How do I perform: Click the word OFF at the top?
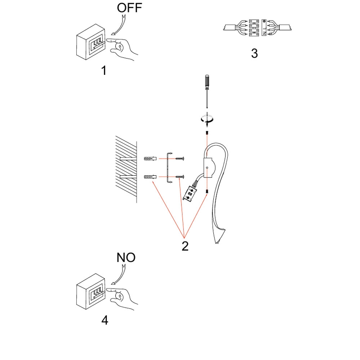click(x=130, y=8)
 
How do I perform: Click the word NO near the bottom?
click(x=126, y=257)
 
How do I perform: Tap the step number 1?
click(x=104, y=70)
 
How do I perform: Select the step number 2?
click(x=185, y=246)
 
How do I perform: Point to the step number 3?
click(x=255, y=53)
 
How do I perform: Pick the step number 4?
click(x=105, y=320)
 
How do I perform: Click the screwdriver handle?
click(x=207, y=82)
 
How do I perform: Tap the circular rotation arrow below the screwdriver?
click(x=207, y=119)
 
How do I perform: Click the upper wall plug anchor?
click(x=150, y=158)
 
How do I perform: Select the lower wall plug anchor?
click(x=150, y=176)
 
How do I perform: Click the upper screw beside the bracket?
click(x=180, y=158)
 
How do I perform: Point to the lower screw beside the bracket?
click(x=180, y=176)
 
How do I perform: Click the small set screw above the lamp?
click(x=207, y=133)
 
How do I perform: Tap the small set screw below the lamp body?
click(x=207, y=191)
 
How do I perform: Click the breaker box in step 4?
click(x=91, y=291)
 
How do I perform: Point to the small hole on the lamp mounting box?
click(x=207, y=168)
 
